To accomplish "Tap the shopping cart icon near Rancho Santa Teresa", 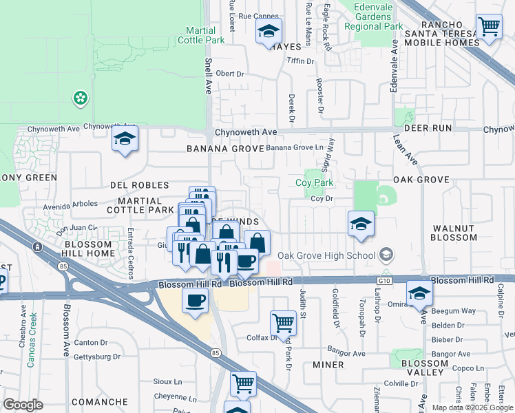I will pyautogui.click(x=489, y=28).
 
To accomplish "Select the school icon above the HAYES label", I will pyautogui.click(x=269, y=31).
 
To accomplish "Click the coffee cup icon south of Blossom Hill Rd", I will pyautogui.click(x=196, y=301).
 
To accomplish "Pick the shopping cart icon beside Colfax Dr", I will pyautogui.click(x=283, y=321).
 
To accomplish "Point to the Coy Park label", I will pyautogui.click(x=314, y=182).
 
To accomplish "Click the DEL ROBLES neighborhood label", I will pyautogui.click(x=140, y=185).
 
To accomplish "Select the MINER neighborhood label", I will pyautogui.click(x=328, y=365).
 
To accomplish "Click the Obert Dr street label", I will pyautogui.click(x=230, y=74).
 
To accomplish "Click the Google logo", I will pyautogui.click(x=23, y=405).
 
